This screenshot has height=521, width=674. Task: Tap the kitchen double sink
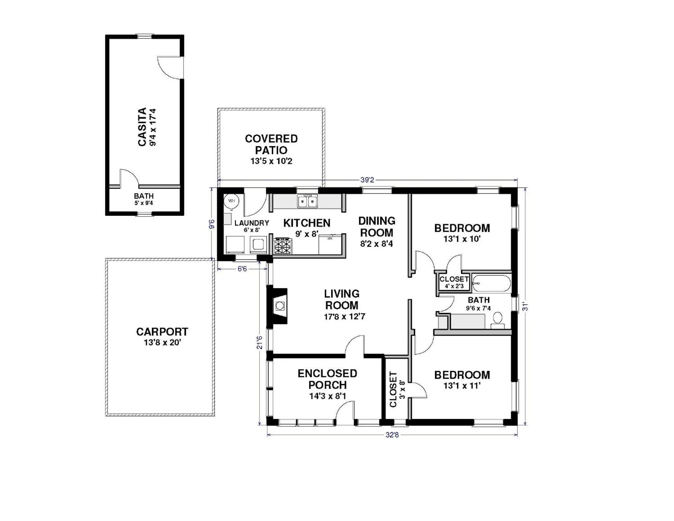[x=307, y=202]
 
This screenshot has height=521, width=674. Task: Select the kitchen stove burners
[x=282, y=246]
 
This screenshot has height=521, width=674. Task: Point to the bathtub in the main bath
[x=491, y=283]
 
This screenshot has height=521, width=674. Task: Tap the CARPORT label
[x=162, y=332]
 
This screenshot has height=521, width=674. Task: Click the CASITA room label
[x=142, y=127]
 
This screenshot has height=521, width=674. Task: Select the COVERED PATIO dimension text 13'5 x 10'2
[x=271, y=161]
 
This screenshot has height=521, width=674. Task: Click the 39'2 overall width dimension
[x=367, y=180]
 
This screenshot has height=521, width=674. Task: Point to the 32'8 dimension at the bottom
[x=392, y=435]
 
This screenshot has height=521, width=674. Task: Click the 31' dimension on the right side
[x=525, y=306]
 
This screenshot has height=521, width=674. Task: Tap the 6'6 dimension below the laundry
[x=242, y=269]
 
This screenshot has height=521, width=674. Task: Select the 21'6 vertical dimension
[x=260, y=342]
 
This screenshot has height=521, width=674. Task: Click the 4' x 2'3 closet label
[x=454, y=286]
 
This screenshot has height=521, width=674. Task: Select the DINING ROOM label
[x=377, y=226]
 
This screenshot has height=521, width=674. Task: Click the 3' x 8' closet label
[x=402, y=390]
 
